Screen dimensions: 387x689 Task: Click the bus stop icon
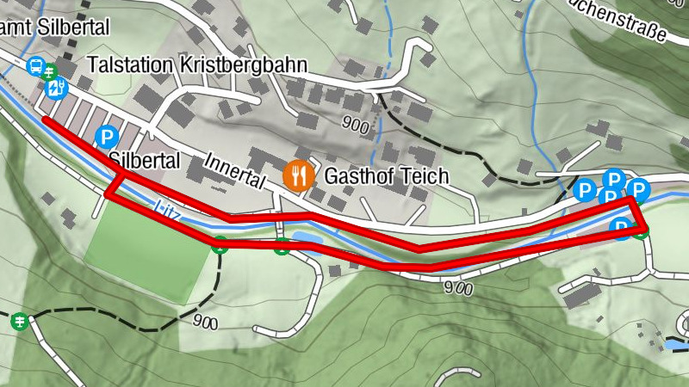(36, 65)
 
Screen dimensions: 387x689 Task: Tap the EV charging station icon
(57, 88)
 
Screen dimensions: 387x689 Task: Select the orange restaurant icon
(298, 176)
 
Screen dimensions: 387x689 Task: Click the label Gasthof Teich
(387, 177)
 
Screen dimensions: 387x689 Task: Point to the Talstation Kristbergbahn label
(196, 66)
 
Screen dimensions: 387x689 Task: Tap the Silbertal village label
(144, 160)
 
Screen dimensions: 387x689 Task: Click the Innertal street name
(234, 171)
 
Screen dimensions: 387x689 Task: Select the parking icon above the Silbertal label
(108, 137)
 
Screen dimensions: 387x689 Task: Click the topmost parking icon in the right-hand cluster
(613, 179)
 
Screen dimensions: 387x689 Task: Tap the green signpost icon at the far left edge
(18, 321)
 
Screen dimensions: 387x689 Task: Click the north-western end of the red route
(46, 119)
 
